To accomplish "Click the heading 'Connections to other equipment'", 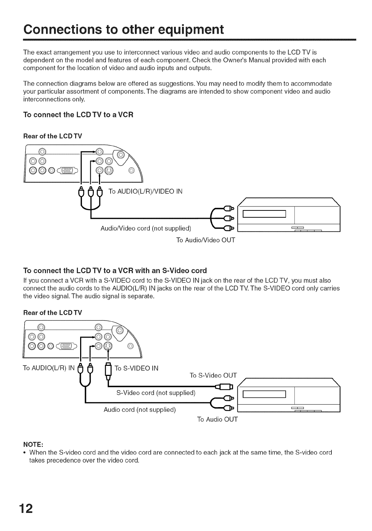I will point(123,29).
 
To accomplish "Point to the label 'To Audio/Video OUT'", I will point(206,240).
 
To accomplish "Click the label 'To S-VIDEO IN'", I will point(137,369).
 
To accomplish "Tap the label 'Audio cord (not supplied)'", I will point(140,410).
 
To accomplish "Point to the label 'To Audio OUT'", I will point(217,419).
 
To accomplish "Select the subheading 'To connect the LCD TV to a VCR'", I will point(78,115).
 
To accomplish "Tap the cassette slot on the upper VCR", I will point(264,214).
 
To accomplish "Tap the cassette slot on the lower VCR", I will point(264,394).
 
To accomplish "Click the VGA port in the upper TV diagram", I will point(66,170).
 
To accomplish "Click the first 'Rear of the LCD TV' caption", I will point(53,136).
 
